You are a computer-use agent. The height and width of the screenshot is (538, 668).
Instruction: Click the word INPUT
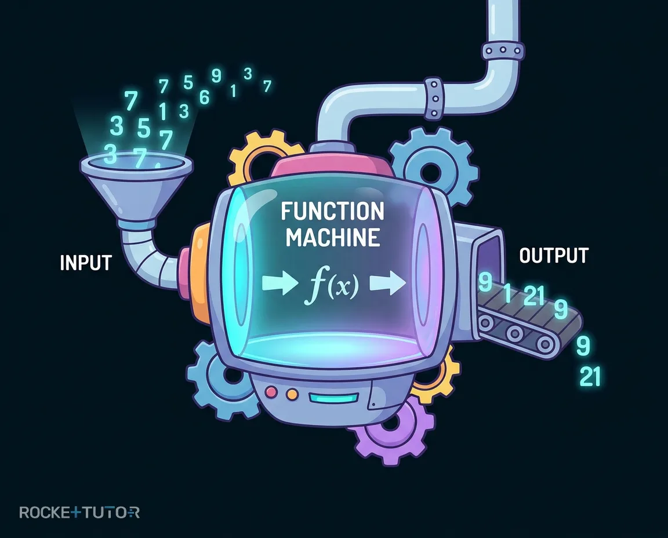86,263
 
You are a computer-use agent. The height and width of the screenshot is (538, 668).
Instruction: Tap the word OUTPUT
554,256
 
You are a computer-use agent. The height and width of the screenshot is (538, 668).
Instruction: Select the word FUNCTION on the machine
333,212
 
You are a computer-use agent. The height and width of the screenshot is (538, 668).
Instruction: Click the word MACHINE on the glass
333,237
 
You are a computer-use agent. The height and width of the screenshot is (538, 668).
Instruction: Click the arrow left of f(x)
279,283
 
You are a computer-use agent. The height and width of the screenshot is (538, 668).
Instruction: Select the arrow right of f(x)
388,283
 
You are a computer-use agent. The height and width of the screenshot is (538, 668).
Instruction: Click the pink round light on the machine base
271,391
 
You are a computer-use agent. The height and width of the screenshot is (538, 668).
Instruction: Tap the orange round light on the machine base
292,394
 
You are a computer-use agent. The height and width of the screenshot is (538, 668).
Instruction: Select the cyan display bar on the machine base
334,398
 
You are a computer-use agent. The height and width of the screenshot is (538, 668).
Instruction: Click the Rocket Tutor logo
79,511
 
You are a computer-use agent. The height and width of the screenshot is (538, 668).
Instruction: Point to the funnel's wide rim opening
136,163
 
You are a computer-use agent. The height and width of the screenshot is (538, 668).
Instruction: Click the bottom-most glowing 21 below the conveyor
590,377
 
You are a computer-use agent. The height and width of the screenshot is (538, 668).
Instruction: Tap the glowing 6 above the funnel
205,98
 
